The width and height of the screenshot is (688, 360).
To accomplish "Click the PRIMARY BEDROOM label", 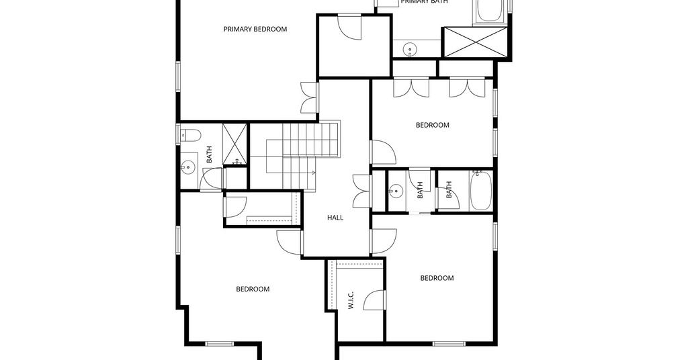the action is pos(255,29).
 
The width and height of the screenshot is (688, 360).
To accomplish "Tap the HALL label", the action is pos(335,218).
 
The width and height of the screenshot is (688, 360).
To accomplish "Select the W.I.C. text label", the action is pos(351,300).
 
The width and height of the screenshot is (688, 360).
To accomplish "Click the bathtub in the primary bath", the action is pos(491,11).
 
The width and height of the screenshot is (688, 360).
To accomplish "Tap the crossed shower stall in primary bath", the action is pos(476,42).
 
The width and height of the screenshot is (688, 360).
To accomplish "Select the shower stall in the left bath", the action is pos(234,144).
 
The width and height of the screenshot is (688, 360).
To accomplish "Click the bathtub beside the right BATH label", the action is pos(481,191).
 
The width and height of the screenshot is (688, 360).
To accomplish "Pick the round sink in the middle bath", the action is pos(396,191).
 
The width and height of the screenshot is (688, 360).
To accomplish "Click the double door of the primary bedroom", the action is pos(309,97).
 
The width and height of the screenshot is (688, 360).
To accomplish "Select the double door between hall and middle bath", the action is pos(362,191).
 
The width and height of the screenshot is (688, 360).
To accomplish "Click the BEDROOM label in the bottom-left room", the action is pos(253,289).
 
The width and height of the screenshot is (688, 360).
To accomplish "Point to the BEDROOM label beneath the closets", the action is pos(433,125).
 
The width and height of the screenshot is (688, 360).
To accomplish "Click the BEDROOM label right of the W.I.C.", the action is pos(437,278).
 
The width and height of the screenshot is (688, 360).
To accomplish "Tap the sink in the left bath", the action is pos(189,166).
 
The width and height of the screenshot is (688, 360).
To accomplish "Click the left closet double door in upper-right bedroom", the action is pos(411,87).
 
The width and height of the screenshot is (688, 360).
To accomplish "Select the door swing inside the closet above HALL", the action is pos(350,27).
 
